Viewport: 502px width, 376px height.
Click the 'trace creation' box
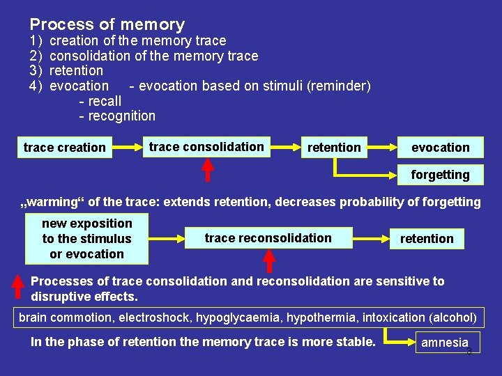point(64,147)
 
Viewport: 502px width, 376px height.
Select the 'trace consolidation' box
point(206,146)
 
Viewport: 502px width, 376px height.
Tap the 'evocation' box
point(440,147)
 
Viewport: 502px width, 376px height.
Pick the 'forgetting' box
point(440,174)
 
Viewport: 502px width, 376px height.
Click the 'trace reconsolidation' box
point(268,238)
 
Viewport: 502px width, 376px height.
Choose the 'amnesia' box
point(444,343)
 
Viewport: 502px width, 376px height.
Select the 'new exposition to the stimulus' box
point(86,239)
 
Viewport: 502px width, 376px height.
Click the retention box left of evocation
point(334,147)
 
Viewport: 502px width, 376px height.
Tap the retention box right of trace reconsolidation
point(427,238)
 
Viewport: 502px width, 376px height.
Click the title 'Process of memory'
point(107,25)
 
